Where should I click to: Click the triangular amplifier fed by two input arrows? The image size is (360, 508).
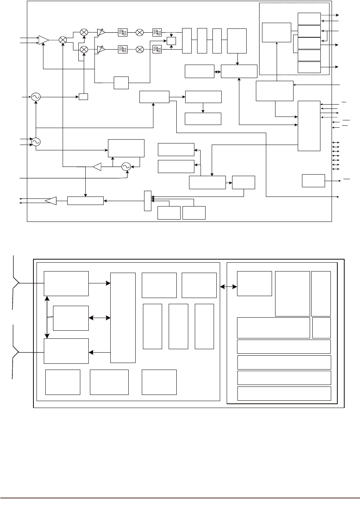click(43, 40)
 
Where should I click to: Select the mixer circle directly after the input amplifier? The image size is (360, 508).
click(63, 40)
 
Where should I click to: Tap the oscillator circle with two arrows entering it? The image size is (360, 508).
click(36, 142)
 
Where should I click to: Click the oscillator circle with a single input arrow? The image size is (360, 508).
click(36, 97)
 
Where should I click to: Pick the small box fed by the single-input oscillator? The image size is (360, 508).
click(83, 97)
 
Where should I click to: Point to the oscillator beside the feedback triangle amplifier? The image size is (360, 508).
click(126, 167)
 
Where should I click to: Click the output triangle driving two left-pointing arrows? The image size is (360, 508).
click(51, 201)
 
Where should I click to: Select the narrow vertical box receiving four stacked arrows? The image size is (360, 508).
click(148, 201)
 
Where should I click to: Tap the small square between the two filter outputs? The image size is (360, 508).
click(171, 41)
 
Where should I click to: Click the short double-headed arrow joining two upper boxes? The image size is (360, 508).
click(217, 72)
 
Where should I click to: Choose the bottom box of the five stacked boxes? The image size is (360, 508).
click(309, 67)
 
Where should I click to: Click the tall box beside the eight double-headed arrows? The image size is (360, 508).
click(309, 126)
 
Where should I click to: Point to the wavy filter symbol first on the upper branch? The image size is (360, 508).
click(122, 33)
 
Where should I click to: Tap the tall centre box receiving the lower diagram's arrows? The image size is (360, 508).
click(123, 318)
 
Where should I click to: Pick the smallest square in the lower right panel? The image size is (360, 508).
click(321, 328)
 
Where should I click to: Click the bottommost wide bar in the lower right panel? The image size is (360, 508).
click(284, 393)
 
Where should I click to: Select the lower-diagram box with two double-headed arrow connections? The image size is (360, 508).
click(71, 318)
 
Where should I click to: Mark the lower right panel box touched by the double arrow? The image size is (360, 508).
click(254, 284)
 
